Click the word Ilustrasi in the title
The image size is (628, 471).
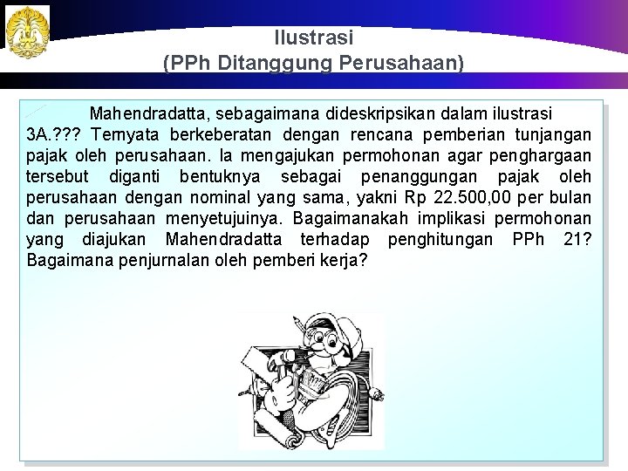point(313,38)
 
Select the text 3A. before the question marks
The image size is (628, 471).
point(40,134)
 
